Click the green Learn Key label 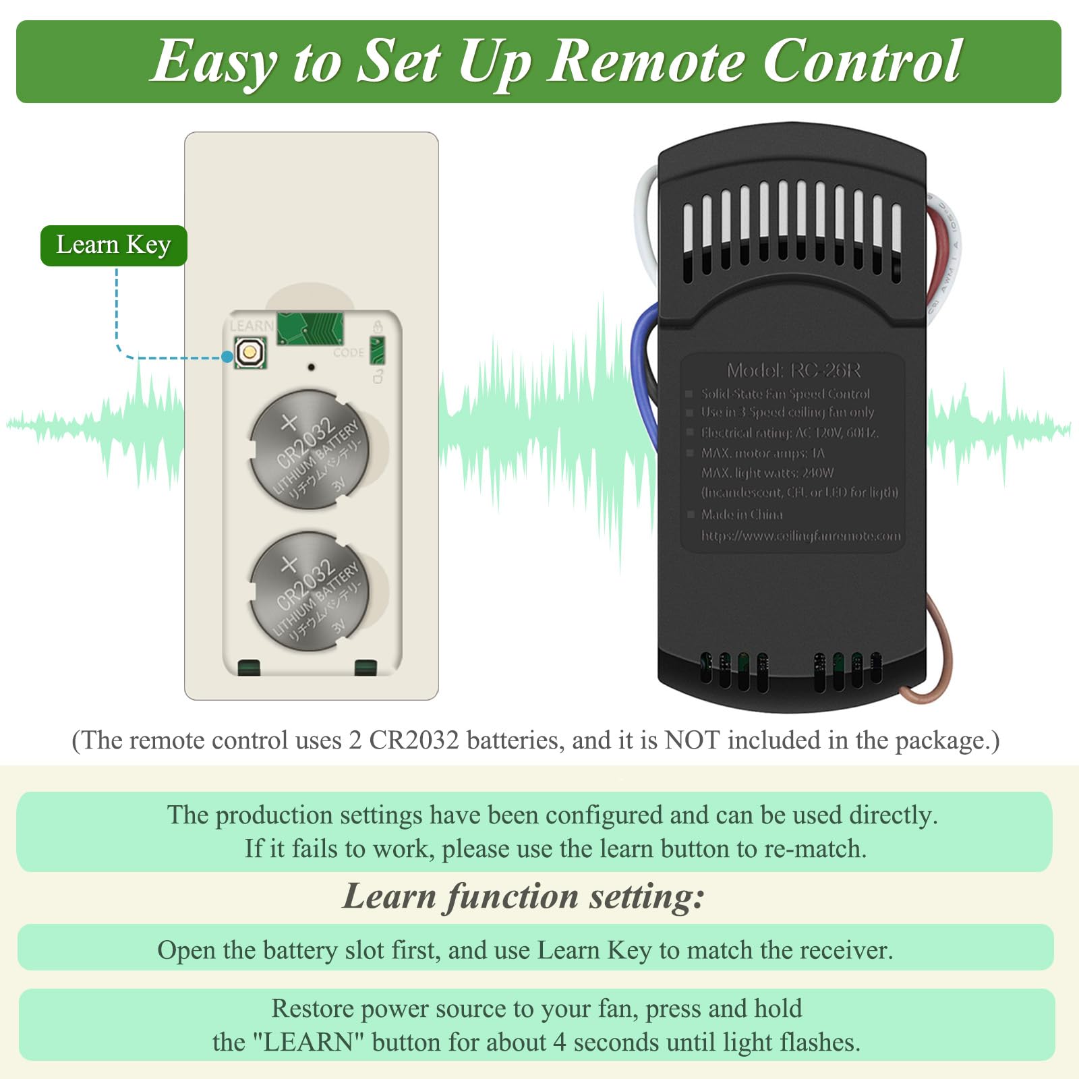(x=113, y=245)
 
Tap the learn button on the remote (x=250, y=352)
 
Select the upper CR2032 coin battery (x=310, y=449)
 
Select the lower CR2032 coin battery (x=310, y=591)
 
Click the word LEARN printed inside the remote (x=252, y=326)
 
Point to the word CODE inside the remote (x=348, y=353)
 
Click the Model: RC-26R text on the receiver (x=793, y=370)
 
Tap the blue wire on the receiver (x=640, y=378)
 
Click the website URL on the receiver (x=800, y=535)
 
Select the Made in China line (x=741, y=515)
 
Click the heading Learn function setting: (x=523, y=896)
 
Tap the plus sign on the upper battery (x=289, y=423)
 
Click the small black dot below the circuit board (x=311, y=368)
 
